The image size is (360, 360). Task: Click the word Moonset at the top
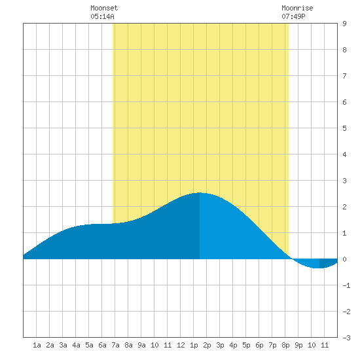(x=104, y=8)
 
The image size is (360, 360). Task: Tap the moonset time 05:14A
(x=102, y=16)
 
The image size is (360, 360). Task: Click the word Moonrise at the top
(x=297, y=8)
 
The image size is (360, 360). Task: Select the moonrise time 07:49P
(x=293, y=16)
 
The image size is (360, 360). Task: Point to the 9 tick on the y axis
(x=344, y=24)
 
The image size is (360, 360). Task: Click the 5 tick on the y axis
(x=344, y=128)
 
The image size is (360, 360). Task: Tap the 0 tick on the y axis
(x=344, y=259)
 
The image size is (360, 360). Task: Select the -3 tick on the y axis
(x=346, y=338)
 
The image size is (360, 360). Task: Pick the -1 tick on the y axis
(x=346, y=285)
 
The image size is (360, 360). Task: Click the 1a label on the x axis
(x=37, y=345)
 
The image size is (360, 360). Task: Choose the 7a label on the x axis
(x=115, y=345)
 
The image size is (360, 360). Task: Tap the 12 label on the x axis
(x=181, y=345)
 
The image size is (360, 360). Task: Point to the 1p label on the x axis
(x=194, y=345)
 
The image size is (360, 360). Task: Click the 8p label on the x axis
(x=285, y=345)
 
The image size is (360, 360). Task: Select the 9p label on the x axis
(x=298, y=345)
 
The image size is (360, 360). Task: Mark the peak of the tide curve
(x=199, y=193)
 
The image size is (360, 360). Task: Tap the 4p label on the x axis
(x=233, y=345)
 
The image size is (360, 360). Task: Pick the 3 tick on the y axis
(x=344, y=181)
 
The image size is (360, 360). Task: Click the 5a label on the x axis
(x=89, y=345)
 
